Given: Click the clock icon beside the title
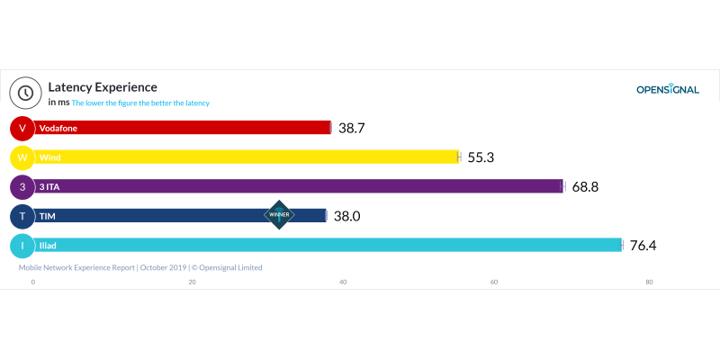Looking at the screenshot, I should pyautogui.click(x=25, y=92).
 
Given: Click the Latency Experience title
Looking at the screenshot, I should pyautogui.click(x=103, y=87).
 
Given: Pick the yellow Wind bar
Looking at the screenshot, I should pyautogui.click(x=247, y=157).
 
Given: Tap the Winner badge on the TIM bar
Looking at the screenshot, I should pyautogui.click(x=279, y=215).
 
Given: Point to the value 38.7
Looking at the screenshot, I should pyautogui.click(x=352, y=129).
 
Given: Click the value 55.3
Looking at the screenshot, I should pyautogui.click(x=481, y=157).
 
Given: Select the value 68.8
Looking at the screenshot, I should pyautogui.click(x=585, y=187).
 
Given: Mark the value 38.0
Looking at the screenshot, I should pyautogui.click(x=346, y=216).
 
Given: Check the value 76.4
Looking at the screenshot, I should pyautogui.click(x=643, y=245).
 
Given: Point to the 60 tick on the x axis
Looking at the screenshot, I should pyautogui.click(x=494, y=282).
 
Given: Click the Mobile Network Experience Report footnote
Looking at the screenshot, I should pyautogui.click(x=140, y=267).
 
